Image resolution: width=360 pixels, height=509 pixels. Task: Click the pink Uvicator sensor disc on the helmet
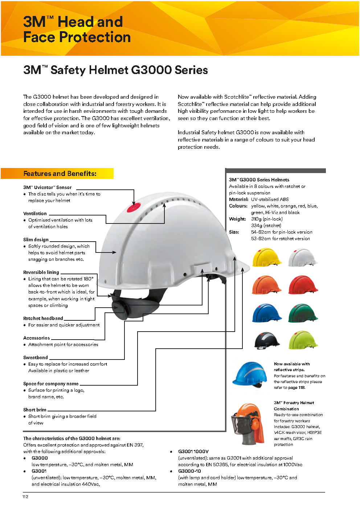pos(134,208)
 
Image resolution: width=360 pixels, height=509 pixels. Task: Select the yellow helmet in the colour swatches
pos(266,257)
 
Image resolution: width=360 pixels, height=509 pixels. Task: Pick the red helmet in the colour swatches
pos(303,285)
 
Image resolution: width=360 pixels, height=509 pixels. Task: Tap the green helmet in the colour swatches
pos(303,313)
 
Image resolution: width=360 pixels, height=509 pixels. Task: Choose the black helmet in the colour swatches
pos(267,340)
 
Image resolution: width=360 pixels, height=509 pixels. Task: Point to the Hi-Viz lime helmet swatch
pos(303,340)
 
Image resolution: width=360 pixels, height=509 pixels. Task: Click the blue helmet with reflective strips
pos(249,374)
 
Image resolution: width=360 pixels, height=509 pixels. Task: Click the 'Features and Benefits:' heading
pos(60,174)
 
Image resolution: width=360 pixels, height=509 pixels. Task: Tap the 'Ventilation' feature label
pos(35,214)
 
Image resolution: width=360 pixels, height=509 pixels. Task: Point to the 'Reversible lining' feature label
pos(41,272)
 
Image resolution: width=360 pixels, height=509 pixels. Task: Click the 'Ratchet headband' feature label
pos(43,319)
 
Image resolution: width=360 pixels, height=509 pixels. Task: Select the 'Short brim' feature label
pos(34,410)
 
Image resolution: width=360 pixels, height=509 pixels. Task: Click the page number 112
pos(25,497)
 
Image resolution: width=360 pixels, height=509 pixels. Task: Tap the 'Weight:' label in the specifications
pos(237,219)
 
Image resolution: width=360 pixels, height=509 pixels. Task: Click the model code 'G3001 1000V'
pos(193,452)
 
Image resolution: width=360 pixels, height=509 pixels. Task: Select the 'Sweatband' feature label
pos(35,358)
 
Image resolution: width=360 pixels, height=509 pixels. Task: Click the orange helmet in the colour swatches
pos(266,285)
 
